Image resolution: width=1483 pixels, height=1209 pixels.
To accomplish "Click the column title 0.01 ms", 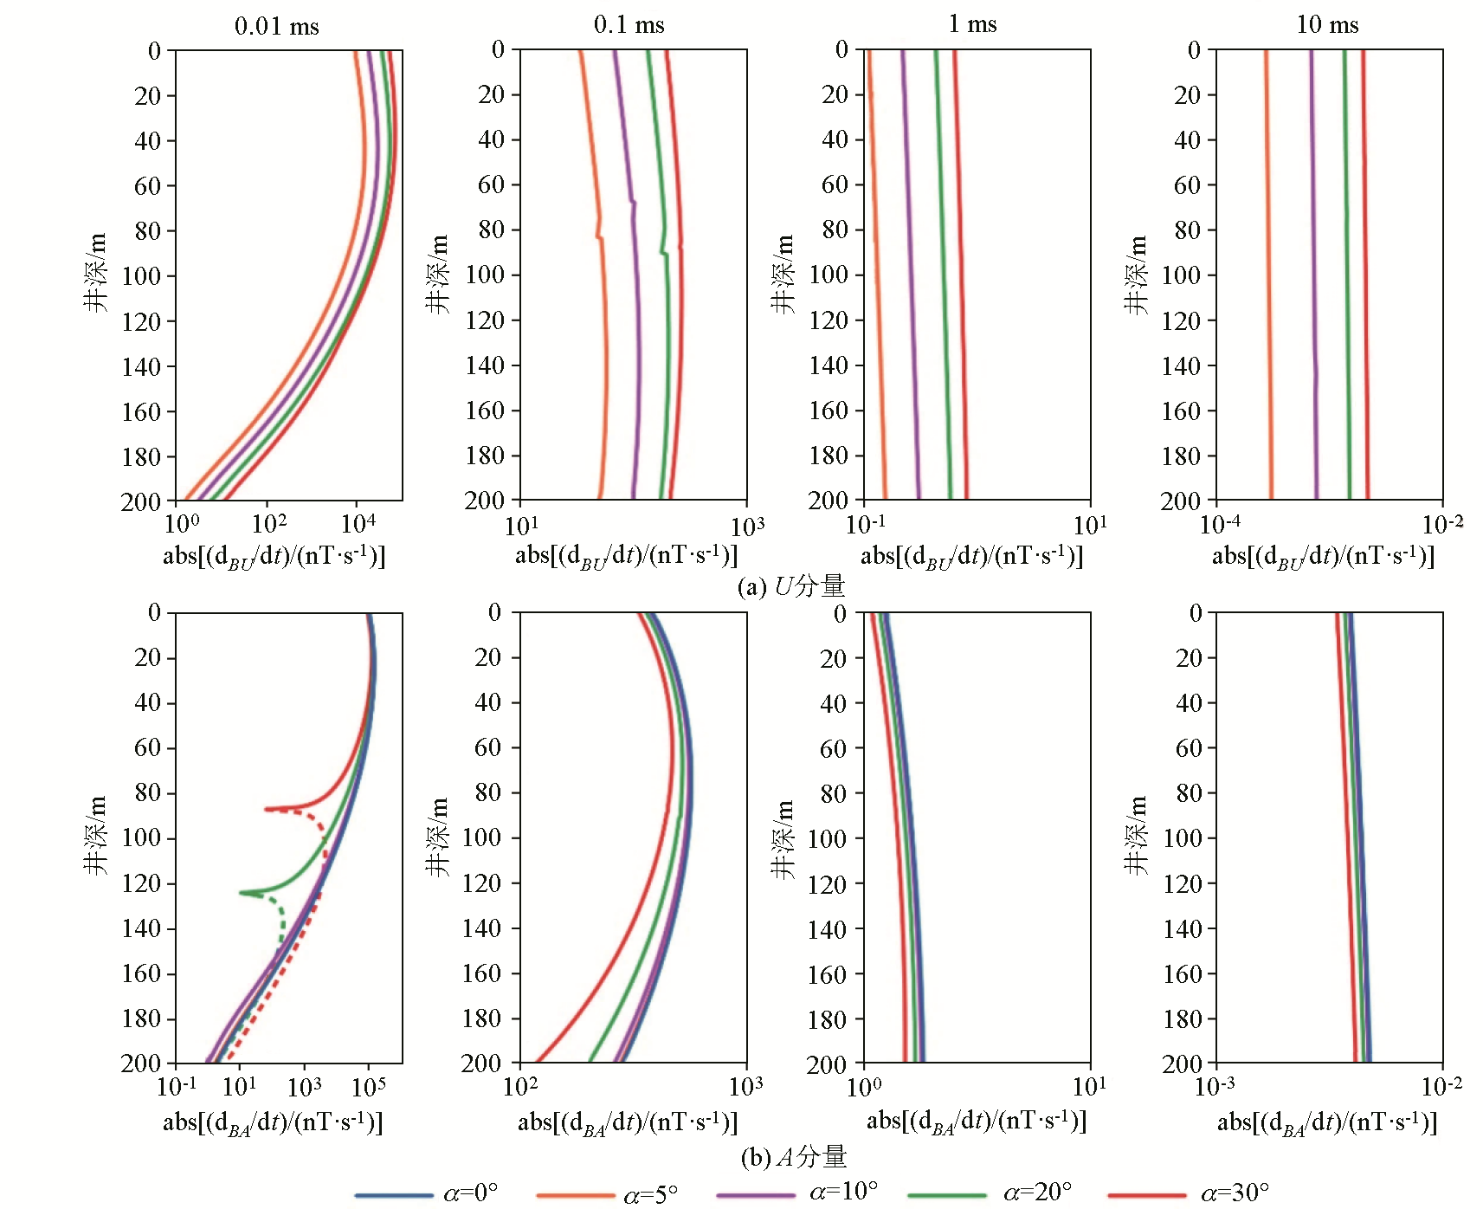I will pos(277,26).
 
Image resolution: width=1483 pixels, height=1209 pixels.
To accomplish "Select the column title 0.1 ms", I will pos(629,25).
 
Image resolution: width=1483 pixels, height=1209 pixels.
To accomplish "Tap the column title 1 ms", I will pos(972,24).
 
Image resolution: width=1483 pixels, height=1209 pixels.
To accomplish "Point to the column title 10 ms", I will pos(1327,25).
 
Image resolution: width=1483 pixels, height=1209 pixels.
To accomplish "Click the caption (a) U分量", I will pos(790,586).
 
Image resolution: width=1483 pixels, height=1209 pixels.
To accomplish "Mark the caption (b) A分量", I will pos(793,1156).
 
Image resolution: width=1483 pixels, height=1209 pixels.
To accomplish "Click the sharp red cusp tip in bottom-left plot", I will pos(267,809).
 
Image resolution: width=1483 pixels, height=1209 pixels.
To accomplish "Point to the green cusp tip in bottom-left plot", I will pos(242,893).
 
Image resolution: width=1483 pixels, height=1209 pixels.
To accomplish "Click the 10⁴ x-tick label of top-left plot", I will pos(358,523).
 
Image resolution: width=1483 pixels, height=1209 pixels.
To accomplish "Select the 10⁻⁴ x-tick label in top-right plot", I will pos(1220,523).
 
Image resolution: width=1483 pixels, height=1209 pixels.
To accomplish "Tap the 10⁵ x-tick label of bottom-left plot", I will pos(369,1085).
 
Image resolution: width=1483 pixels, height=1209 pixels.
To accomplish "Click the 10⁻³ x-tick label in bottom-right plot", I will pos(1215,1085).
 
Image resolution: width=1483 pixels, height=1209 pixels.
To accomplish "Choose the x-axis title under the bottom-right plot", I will pos(1327,1123).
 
